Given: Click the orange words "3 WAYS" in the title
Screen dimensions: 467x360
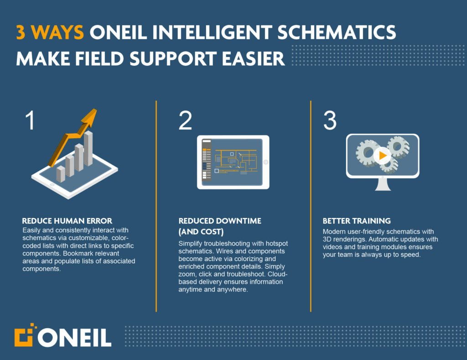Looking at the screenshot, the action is [x=50, y=32].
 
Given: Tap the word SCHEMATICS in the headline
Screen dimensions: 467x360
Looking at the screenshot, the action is [x=337, y=32].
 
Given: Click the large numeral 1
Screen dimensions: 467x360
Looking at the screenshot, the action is [x=30, y=120].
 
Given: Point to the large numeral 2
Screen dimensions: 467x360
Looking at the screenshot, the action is [x=185, y=120].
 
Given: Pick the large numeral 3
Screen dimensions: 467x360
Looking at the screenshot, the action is [x=330, y=120].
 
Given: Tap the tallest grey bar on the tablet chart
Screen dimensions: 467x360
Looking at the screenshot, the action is [x=88, y=148].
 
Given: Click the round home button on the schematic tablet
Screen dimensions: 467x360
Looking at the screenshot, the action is [x=266, y=162].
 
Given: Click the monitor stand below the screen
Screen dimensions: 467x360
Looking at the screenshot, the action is [x=383, y=184].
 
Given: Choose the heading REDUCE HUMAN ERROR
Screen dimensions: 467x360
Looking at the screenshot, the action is [x=67, y=221].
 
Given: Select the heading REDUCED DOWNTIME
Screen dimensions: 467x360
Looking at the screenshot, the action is [x=220, y=221].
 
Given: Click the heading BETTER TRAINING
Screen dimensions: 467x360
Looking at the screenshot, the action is [x=357, y=221].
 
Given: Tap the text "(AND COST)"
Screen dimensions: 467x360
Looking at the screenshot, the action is [x=201, y=231].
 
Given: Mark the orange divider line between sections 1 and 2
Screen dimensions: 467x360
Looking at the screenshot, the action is [x=156, y=206].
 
